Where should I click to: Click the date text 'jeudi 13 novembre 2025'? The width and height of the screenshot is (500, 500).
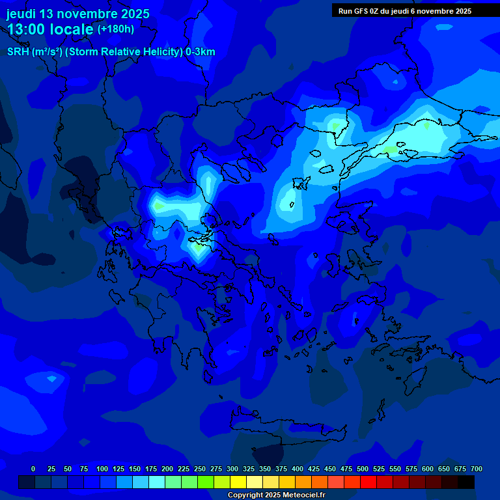tap(78, 14)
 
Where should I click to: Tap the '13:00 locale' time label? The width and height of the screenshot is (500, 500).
tap(51, 29)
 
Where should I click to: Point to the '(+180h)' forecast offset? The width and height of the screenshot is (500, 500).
tap(116, 29)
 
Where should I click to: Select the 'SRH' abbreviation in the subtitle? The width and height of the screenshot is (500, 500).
tap(18, 52)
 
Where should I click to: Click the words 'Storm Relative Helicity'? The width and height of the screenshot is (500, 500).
tap(124, 52)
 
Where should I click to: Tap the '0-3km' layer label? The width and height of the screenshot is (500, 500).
tap(201, 52)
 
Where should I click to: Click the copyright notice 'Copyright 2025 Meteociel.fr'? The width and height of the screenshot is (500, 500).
tap(276, 495)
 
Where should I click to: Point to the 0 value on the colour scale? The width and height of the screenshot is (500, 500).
tap(33, 469)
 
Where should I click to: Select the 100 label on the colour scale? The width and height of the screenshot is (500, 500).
tap(102, 469)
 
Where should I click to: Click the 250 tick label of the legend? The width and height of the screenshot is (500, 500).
tap(200, 469)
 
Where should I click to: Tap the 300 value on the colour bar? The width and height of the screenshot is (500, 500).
tap(232, 469)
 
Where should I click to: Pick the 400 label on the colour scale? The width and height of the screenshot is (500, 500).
tap(298, 469)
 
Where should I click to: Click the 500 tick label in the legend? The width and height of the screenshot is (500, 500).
tap(363, 469)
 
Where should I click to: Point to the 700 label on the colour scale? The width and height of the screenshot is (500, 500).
tap(477, 469)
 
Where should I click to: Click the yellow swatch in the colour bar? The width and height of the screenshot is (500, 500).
tap(238, 482)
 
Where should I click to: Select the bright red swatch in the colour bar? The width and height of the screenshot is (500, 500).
tap(368, 482)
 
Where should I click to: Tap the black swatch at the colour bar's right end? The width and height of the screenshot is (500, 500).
tap(466, 482)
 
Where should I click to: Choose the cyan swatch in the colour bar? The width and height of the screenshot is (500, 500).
tap(157, 482)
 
